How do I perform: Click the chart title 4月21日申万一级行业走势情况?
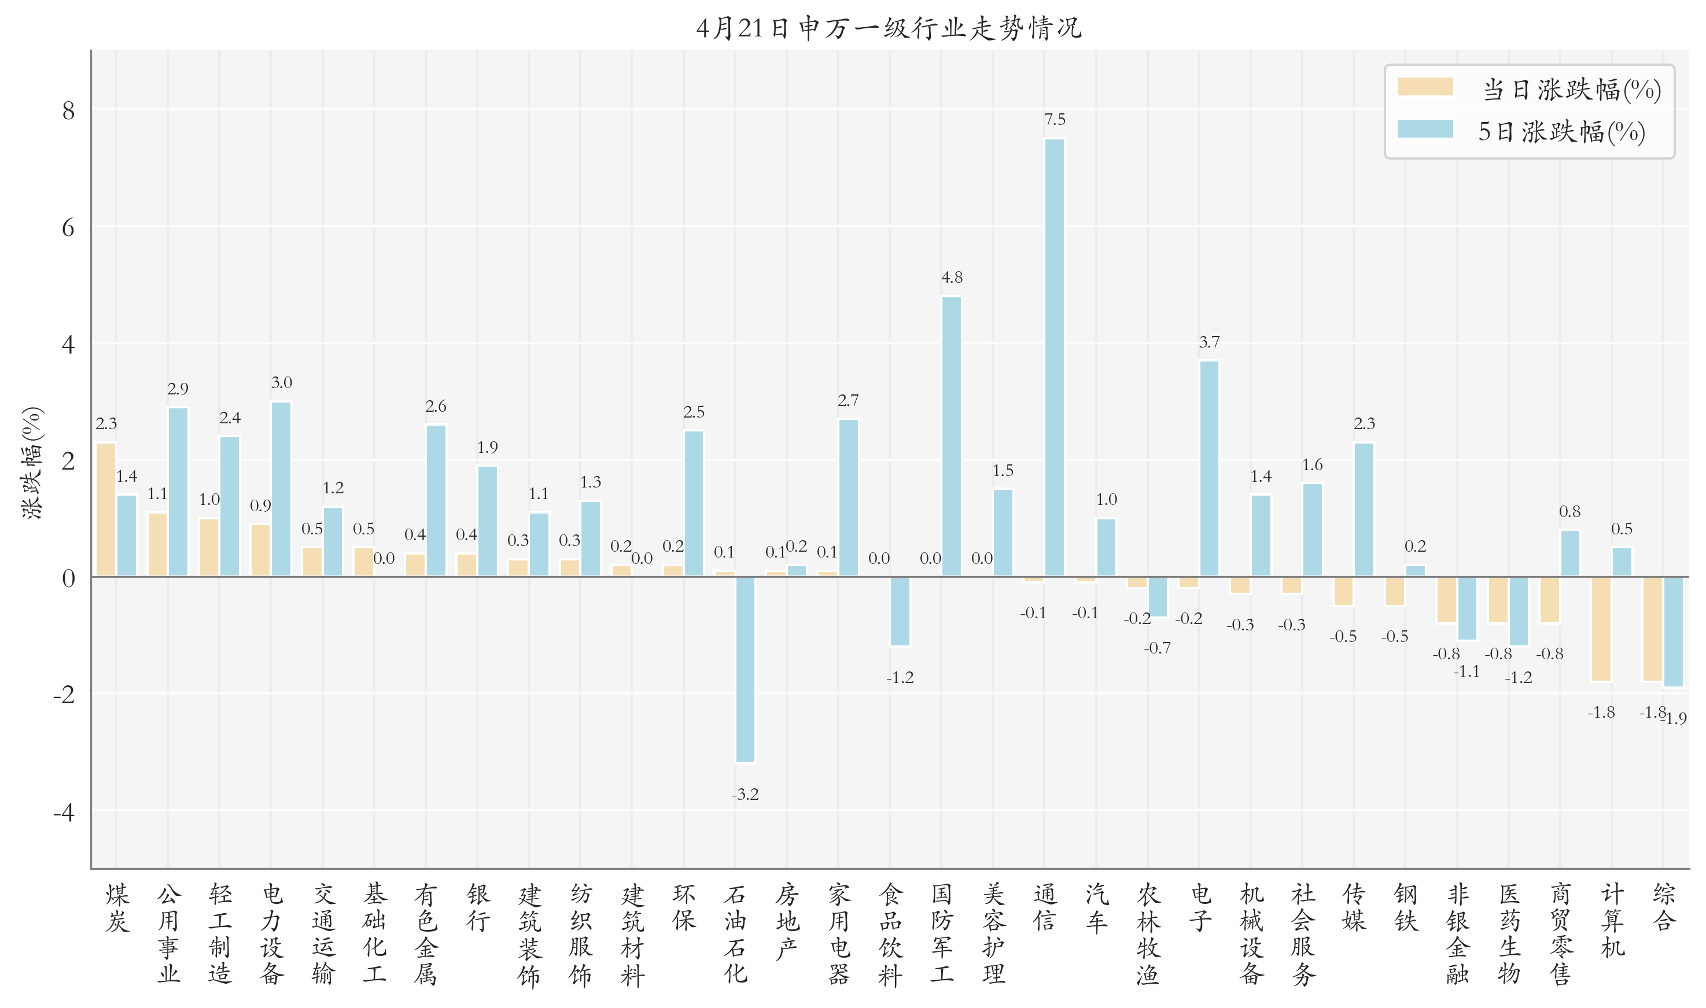889,28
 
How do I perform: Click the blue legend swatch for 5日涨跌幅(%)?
1425,129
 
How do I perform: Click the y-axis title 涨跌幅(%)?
32,463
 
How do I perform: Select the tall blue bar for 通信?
1055,358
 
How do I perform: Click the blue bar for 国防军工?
951,437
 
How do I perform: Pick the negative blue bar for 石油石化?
745,670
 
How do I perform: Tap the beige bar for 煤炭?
106,509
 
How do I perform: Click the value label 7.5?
1055,120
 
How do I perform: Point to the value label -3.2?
745,794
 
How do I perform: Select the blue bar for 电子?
1209,468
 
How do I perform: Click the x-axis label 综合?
1663,907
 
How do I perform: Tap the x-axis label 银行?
478,907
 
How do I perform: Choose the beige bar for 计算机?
1601,629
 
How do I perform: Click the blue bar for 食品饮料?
900,611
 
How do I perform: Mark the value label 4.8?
951,277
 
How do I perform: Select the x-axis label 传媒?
1353,907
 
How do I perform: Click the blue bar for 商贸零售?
1569,553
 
